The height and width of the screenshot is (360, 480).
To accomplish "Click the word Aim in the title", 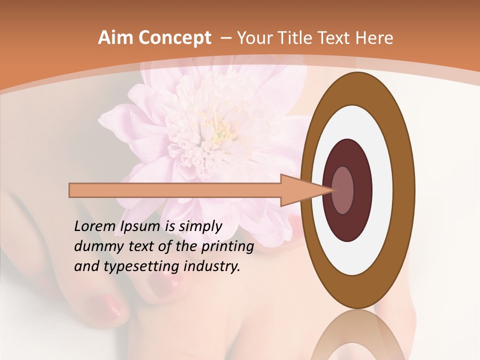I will tap(114, 38).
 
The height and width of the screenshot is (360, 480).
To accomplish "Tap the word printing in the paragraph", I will tap(227, 247).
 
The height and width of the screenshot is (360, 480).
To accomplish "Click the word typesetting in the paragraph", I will tap(138, 267).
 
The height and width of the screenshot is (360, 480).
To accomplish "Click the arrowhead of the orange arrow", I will tap(305, 190).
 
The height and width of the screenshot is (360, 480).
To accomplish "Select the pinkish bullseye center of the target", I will tap(343, 190).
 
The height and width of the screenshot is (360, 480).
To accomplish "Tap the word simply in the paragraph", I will tap(200, 226).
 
